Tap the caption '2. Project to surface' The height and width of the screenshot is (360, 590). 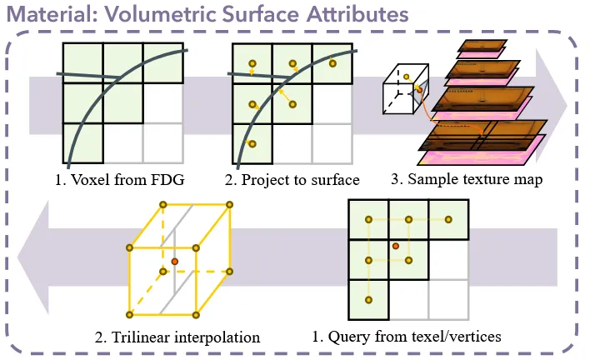[295, 178]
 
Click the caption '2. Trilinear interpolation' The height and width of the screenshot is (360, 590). [177, 337]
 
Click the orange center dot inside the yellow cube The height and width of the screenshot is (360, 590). [174, 262]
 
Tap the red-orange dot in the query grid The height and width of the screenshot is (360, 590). [396, 246]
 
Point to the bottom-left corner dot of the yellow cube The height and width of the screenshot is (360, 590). [129, 314]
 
